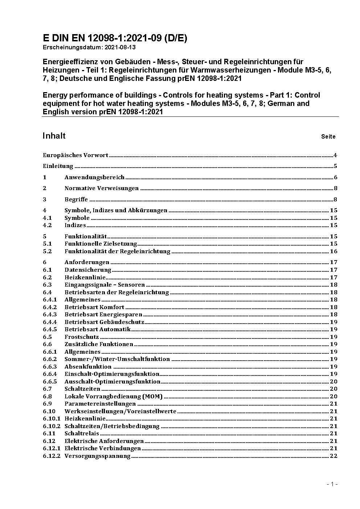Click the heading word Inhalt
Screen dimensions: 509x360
click(x=54, y=136)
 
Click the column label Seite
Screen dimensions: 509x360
click(x=328, y=137)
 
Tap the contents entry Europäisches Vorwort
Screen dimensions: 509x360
click(x=75, y=155)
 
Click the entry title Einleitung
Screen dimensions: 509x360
click(x=58, y=166)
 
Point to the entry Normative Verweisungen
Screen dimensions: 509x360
click(x=102, y=188)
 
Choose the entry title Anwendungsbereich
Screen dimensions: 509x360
click(x=94, y=177)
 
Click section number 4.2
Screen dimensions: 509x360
click(x=47, y=225)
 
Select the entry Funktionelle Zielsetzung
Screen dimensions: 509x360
click(x=101, y=244)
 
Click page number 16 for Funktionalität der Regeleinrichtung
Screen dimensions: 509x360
click(x=334, y=251)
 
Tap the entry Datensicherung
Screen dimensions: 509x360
click(x=88, y=270)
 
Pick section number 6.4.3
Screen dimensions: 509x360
click(x=50, y=315)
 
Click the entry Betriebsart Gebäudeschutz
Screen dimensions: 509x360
click(x=104, y=322)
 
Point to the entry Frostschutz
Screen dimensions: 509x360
click(x=82, y=337)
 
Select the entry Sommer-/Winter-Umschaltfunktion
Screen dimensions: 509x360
click(x=117, y=359)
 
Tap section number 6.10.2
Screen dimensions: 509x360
click(x=52, y=426)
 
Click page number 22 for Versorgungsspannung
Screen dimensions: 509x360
click(x=334, y=456)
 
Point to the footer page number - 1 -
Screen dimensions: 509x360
click(x=332, y=484)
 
